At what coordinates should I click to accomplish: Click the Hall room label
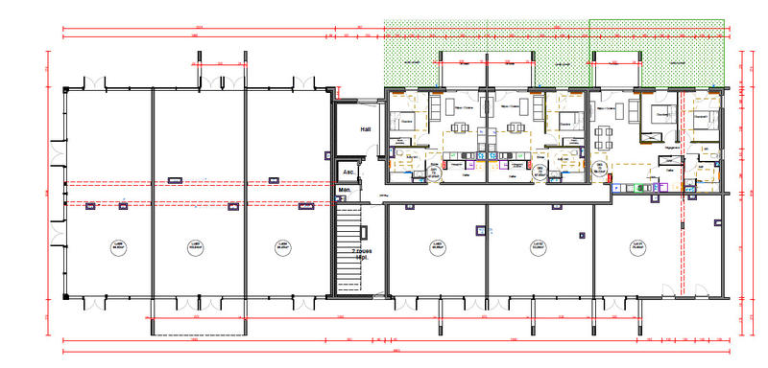tap(365, 128)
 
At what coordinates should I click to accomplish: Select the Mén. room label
tap(344, 189)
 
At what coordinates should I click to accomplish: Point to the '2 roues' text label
tap(362, 252)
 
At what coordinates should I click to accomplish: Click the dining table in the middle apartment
tap(515, 128)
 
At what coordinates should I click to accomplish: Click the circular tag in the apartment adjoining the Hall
tap(434, 172)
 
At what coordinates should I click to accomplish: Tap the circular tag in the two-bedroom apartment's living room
tap(602, 171)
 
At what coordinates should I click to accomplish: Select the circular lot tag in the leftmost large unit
tap(119, 246)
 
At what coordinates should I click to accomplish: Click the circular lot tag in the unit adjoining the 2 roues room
tap(438, 246)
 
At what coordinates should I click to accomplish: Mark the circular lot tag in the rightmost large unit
tap(637, 246)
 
